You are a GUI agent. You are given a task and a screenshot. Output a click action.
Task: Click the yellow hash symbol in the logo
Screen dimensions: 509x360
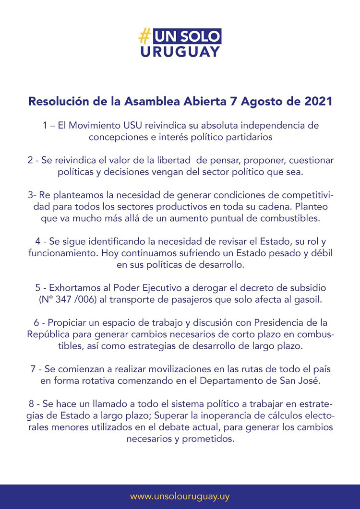click(x=144, y=36)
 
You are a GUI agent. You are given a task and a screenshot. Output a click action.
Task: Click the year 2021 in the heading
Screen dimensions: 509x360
click(x=317, y=102)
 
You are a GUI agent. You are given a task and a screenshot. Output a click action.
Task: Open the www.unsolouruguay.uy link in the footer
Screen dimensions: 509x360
click(x=180, y=496)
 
